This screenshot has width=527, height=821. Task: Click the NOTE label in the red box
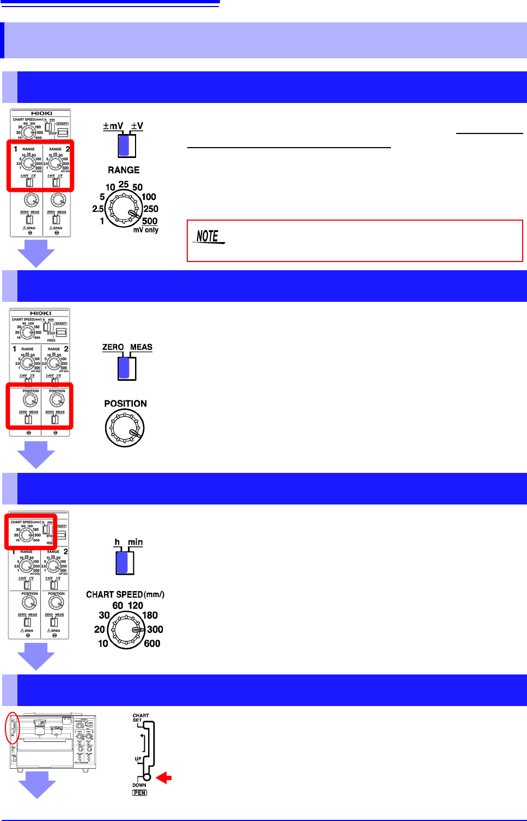point(209,236)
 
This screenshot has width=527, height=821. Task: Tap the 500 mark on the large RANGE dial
point(150,221)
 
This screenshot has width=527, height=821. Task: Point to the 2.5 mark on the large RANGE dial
point(98,209)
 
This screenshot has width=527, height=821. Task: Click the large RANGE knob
point(124,209)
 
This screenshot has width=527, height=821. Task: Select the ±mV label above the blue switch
point(113,126)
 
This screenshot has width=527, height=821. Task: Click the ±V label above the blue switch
point(137,126)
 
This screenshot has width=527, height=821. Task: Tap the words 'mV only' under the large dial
point(146,230)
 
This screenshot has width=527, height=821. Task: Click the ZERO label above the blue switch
point(113,347)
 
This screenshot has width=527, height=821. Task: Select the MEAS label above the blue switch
point(141,347)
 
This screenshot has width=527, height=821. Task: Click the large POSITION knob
point(125,428)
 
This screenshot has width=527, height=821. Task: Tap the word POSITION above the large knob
point(125,404)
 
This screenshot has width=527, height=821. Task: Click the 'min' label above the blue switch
point(136,542)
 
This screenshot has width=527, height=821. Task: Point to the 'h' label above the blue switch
point(117,542)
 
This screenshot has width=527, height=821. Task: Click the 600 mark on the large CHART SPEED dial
point(152,643)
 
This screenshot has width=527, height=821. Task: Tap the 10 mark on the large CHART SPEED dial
point(103,643)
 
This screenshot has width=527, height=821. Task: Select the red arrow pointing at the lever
point(164,778)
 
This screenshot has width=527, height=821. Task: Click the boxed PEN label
point(140,793)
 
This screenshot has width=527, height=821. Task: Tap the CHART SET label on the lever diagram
point(140,717)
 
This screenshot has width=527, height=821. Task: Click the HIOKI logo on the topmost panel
point(41,113)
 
